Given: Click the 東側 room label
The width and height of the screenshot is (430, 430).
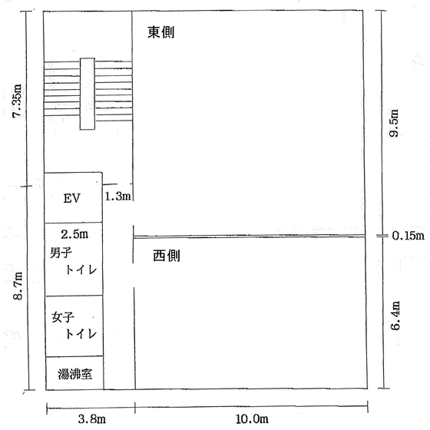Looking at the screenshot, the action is [x=161, y=32].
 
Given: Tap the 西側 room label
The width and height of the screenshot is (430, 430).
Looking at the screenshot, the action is [x=167, y=256].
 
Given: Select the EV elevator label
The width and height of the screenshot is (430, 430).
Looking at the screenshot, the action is [x=72, y=198].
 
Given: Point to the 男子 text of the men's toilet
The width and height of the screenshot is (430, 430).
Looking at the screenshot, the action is [x=61, y=253].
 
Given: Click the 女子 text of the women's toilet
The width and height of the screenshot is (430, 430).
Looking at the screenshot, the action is [x=63, y=317].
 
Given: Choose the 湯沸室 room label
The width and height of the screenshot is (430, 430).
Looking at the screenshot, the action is [x=75, y=374].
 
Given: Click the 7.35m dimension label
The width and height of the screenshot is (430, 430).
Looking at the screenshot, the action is [x=17, y=101].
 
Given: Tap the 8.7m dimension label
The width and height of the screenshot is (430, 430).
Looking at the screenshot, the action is [x=18, y=286].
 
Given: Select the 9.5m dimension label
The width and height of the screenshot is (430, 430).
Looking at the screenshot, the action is [x=394, y=123].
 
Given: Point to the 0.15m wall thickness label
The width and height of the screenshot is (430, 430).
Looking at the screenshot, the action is [x=408, y=236].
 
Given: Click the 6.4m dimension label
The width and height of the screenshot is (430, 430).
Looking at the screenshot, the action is [x=395, y=316].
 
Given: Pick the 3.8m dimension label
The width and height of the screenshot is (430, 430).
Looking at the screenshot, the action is [x=92, y=418].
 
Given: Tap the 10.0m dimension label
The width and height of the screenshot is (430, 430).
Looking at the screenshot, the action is [x=252, y=418].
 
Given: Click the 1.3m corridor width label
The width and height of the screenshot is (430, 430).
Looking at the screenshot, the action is [x=118, y=197].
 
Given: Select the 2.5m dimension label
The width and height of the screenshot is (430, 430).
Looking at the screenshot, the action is [x=74, y=234].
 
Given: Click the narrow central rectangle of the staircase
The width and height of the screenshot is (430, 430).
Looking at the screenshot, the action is [x=88, y=94].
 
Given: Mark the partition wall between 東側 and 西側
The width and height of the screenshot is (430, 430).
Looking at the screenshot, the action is [x=250, y=237].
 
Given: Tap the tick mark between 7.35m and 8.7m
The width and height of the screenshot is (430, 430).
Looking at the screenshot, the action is [x=27, y=186].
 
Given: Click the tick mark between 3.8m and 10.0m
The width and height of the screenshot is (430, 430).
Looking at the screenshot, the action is [x=135, y=408].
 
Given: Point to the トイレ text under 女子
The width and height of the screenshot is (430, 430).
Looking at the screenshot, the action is [x=81, y=334].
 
